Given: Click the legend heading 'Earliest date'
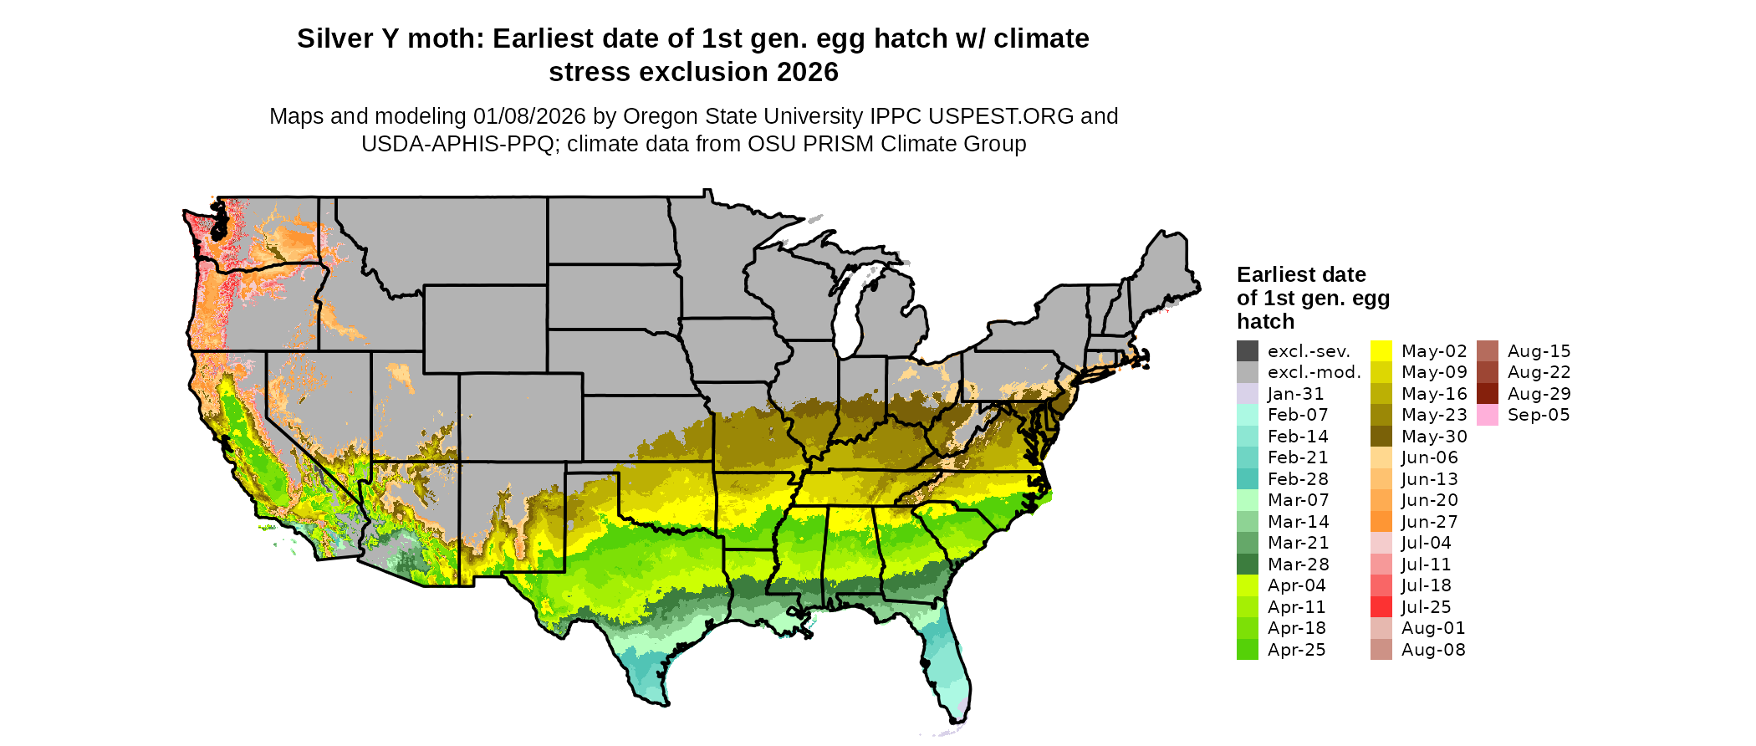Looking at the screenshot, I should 1301,275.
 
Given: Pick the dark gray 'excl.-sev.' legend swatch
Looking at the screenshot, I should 1248,351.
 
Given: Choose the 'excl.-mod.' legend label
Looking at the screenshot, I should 1314,372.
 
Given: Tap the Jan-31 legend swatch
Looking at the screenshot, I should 1248,394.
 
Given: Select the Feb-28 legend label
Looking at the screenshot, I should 1298,479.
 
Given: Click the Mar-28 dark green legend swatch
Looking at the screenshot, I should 1248,565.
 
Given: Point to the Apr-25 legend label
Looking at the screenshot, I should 1296,650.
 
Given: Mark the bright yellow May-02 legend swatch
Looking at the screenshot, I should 1381,351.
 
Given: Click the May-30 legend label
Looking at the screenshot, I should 1434,437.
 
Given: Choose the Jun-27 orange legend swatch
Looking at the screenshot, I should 1381,522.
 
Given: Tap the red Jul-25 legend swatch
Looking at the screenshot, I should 1381,607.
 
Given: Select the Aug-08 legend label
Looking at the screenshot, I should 1433,650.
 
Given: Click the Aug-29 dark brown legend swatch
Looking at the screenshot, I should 1488,394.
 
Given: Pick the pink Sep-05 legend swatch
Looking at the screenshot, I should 1488,415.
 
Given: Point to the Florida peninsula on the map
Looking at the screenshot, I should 949,669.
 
